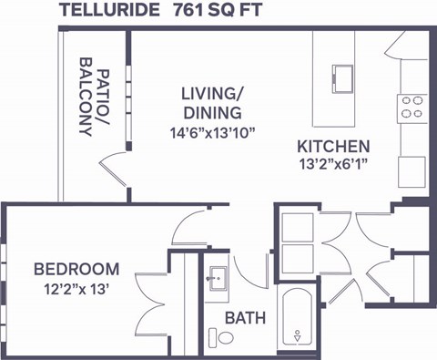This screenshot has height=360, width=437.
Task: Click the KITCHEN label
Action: coord(332,146)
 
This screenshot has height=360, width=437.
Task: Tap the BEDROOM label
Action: coord(76,269)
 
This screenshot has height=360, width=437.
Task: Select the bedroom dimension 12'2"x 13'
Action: coord(76,289)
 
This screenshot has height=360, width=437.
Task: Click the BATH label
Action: coord(245,318)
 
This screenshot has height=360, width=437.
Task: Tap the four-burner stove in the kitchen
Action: coord(412,108)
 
